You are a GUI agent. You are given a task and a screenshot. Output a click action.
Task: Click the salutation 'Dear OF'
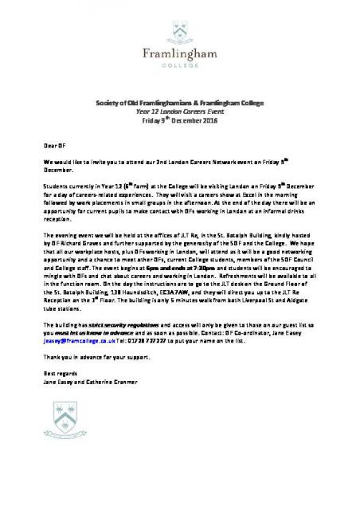pyautogui.click(x=53, y=147)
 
